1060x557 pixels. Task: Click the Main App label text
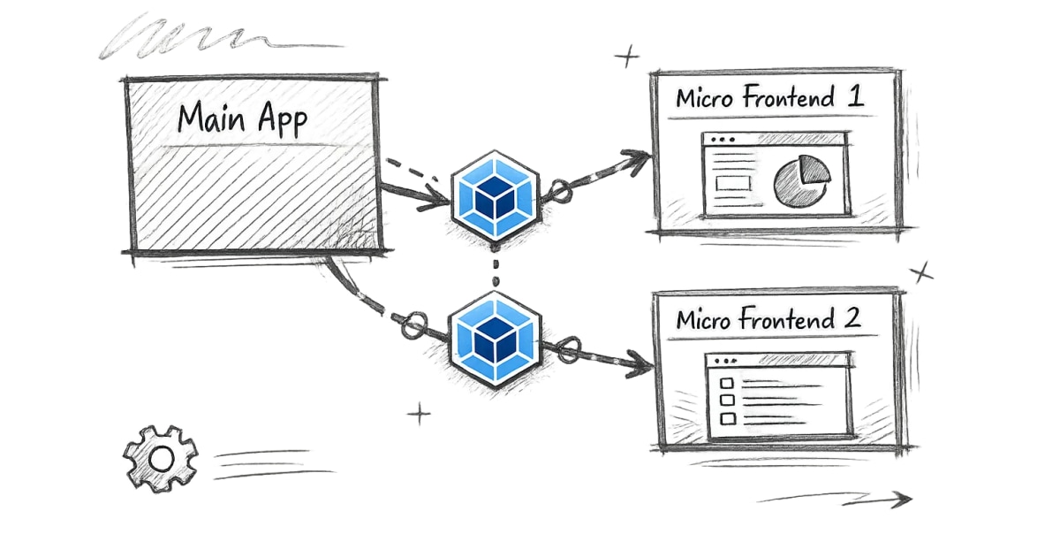point(242,118)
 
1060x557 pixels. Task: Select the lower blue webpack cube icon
point(495,339)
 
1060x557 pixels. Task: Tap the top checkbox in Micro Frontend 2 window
point(728,383)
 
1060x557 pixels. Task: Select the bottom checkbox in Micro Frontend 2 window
point(728,417)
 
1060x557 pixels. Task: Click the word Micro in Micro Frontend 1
point(705,98)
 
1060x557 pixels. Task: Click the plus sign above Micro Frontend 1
point(627,58)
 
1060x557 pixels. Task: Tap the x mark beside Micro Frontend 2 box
point(922,272)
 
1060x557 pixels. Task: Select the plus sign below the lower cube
point(420,413)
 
